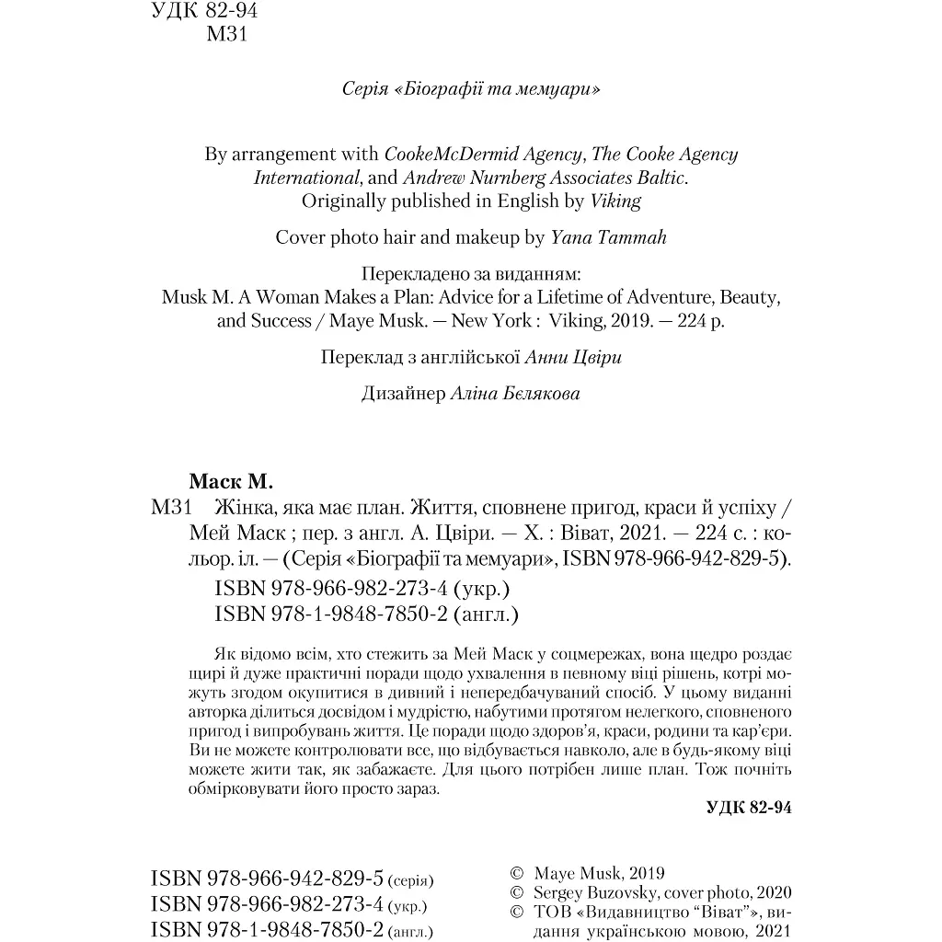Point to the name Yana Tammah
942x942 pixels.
(x=608, y=237)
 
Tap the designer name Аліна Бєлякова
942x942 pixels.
(x=515, y=394)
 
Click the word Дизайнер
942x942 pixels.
(x=405, y=394)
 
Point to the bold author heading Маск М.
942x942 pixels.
(x=233, y=481)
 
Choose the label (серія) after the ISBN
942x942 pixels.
(x=410, y=880)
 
